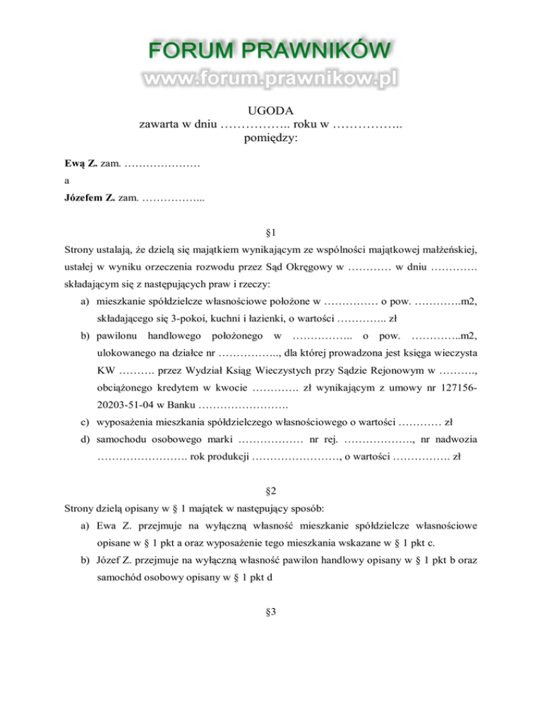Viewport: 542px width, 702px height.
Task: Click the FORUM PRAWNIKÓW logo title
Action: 270,51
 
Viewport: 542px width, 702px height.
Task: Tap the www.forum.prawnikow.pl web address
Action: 270,78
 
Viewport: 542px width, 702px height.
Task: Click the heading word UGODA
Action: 271,110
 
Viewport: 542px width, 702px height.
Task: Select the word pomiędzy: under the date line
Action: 271,138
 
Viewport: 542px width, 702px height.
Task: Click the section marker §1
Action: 271,231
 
